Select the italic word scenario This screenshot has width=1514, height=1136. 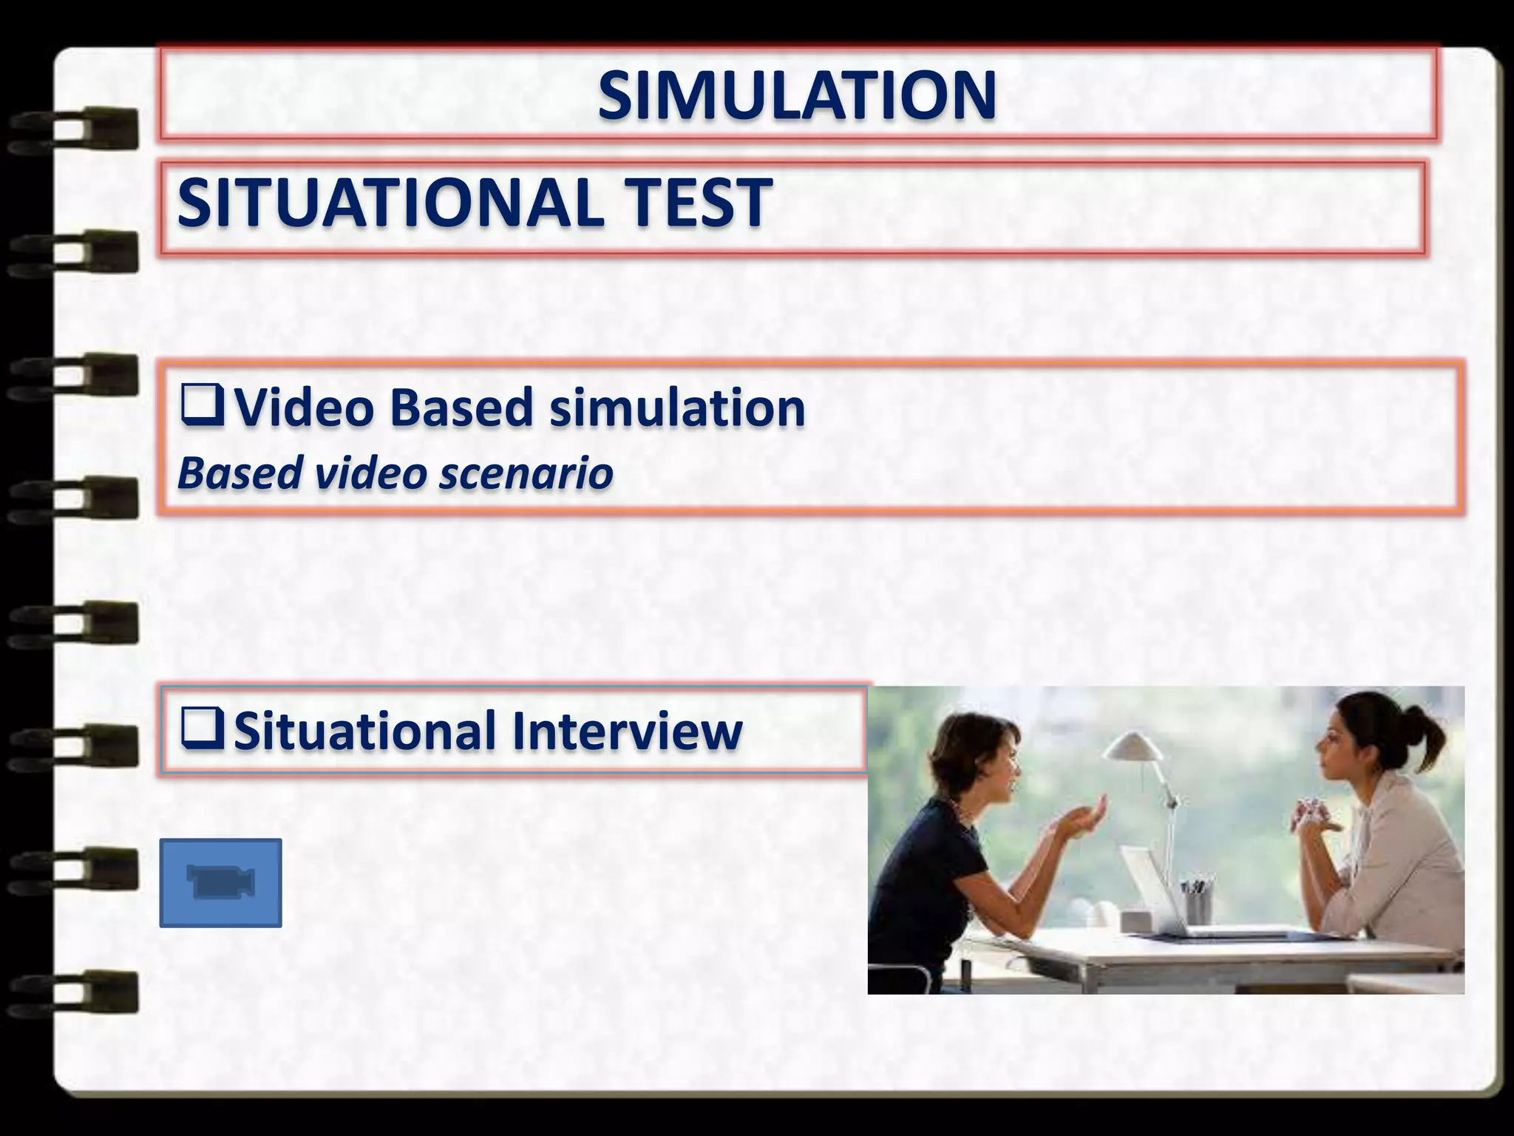[526, 473]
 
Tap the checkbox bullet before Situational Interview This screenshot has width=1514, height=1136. [201, 731]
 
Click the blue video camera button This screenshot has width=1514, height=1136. [220, 882]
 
